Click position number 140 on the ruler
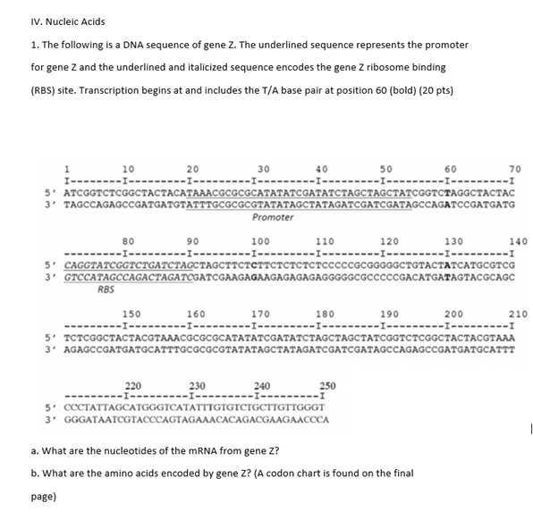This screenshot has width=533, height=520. point(517,241)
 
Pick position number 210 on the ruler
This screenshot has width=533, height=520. point(517,314)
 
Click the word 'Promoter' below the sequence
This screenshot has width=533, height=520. point(271,217)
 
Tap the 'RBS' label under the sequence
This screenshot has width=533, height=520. point(106,289)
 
